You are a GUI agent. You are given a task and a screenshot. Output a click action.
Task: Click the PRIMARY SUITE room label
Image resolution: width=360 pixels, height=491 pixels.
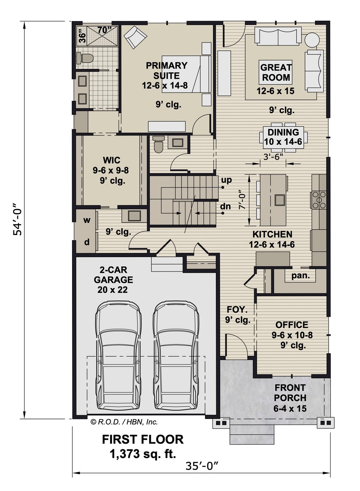coord(167,70)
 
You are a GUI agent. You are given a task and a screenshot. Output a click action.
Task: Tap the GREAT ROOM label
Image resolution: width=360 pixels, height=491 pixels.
coord(276,72)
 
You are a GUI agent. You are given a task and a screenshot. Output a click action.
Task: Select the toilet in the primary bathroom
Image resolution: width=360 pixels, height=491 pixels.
coord(86,58)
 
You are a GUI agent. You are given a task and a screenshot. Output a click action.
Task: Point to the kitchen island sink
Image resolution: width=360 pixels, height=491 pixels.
coord(279,199)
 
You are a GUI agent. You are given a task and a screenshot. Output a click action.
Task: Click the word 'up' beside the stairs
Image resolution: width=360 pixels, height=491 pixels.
coord(226,180)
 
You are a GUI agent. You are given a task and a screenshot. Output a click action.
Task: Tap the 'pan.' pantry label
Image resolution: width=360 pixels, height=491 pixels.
coord(301,276)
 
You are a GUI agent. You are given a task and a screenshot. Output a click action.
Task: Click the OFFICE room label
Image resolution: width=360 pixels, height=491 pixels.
coord(292,325)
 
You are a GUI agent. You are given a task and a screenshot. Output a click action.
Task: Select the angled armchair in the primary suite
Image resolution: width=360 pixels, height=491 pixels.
coord(135,38)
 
